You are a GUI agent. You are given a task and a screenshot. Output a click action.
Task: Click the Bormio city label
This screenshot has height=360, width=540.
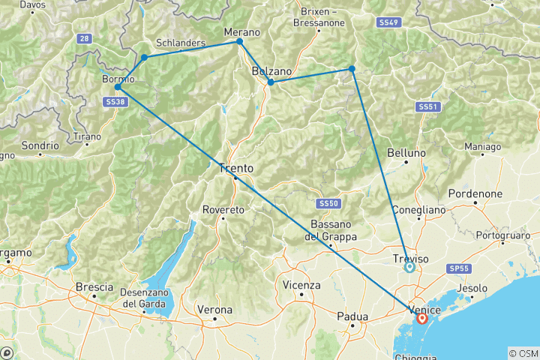pyautogui.click(x=117, y=78)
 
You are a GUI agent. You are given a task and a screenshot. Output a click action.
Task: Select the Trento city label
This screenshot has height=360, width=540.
pyautogui.click(x=235, y=168)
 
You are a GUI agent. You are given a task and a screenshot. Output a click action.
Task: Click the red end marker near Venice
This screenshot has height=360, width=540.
pyautogui.click(x=422, y=319)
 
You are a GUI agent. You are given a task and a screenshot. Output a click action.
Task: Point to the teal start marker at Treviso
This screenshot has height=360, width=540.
pyautogui.click(x=409, y=266)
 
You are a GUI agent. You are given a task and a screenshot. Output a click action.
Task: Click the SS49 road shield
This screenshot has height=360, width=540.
pyautogui.click(x=389, y=22)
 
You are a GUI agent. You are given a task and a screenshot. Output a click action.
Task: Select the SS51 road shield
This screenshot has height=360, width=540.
pyautogui.click(x=427, y=107)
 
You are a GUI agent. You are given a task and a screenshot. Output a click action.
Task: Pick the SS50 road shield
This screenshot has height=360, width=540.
pyautogui.click(x=328, y=203)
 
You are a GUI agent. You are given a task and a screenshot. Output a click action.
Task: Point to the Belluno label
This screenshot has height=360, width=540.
pyautogui.click(x=406, y=152)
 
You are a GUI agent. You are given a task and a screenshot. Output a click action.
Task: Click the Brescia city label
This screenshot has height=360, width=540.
pyautogui.click(x=94, y=286)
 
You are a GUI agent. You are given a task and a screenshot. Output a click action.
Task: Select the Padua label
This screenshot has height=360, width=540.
pyautogui.click(x=352, y=316)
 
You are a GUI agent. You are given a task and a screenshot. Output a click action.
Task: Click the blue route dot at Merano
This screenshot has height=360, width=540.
pyautogui.click(x=239, y=41)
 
